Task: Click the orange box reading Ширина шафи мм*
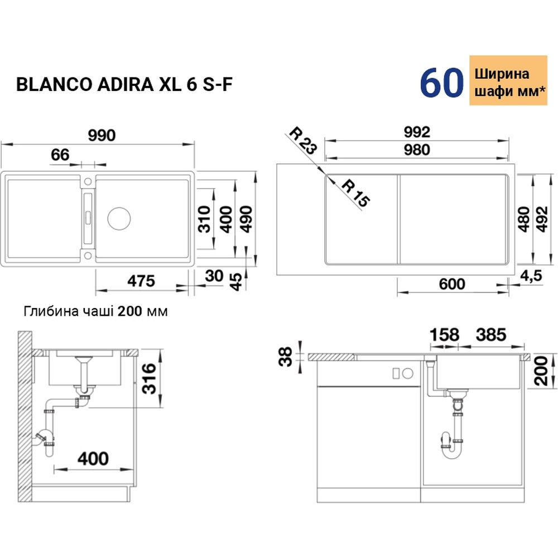click(x=506, y=83)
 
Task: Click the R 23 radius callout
click(x=303, y=142)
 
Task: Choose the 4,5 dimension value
click(x=532, y=275)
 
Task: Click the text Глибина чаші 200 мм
click(x=95, y=311)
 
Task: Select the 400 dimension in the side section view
click(x=92, y=459)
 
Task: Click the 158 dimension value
click(x=444, y=335)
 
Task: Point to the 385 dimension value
click(x=490, y=335)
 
